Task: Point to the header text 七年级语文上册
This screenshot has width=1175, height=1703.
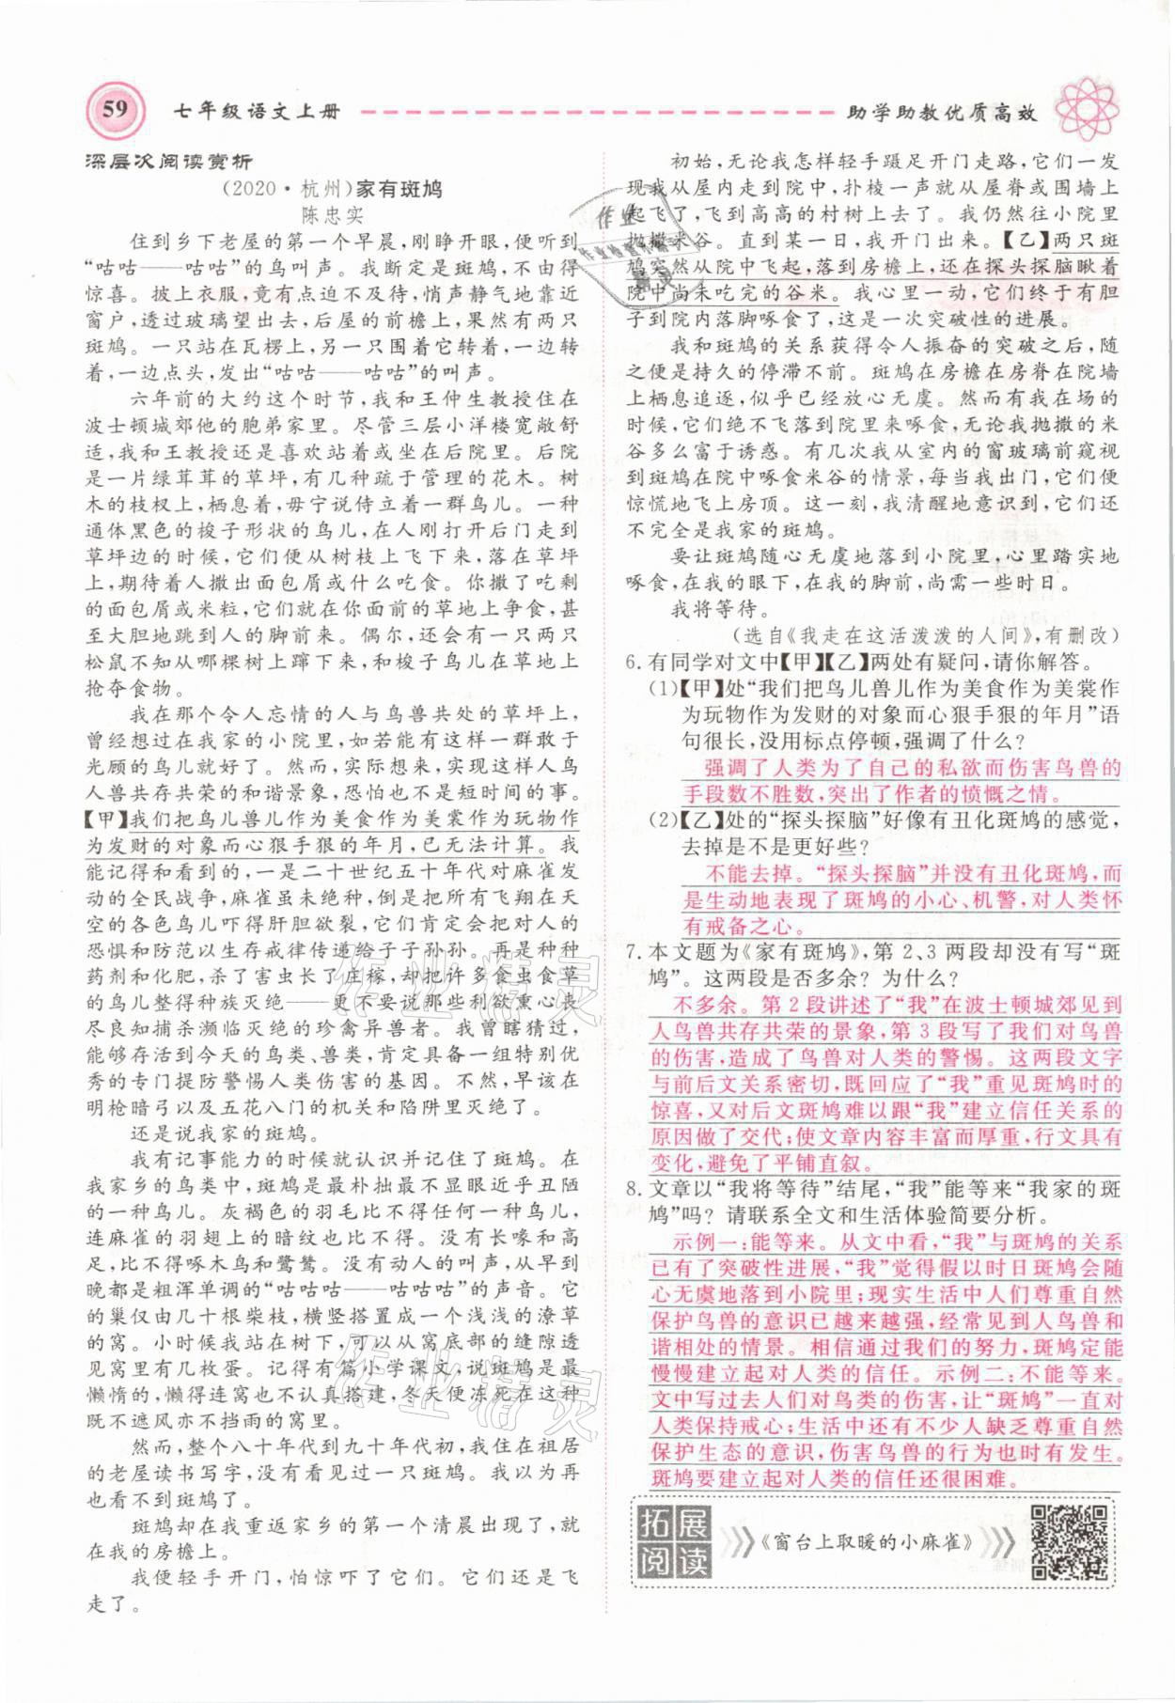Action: (257, 112)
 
